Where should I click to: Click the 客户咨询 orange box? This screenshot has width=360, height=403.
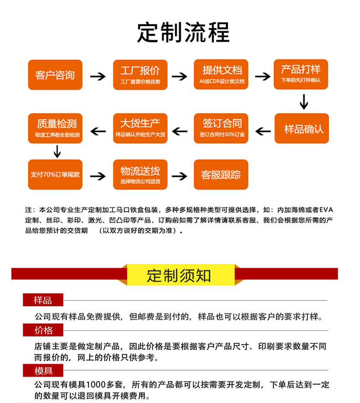click(x=55, y=75)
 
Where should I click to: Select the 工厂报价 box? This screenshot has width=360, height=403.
click(x=140, y=75)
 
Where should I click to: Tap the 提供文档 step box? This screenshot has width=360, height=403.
click(x=221, y=75)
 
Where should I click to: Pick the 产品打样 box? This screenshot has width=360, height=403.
click(x=301, y=75)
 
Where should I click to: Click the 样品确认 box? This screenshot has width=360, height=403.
click(x=301, y=129)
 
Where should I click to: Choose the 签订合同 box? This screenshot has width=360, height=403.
click(x=221, y=129)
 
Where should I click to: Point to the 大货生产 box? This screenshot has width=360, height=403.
click(x=140, y=129)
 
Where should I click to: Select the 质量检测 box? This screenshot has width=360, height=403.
click(x=56, y=129)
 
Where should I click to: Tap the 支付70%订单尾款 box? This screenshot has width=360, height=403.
click(x=55, y=175)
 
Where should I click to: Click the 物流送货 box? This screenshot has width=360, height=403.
click(x=140, y=175)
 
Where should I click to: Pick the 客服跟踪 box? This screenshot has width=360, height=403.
click(x=221, y=175)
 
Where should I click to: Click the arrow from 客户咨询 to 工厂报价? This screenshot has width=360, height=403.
click(x=98, y=76)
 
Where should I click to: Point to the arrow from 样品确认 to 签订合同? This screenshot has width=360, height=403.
click(x=263, y=131)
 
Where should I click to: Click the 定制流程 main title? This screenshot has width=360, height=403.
click(x=183, y=33)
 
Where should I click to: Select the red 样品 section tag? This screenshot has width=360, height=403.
click(x=43, y=300)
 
